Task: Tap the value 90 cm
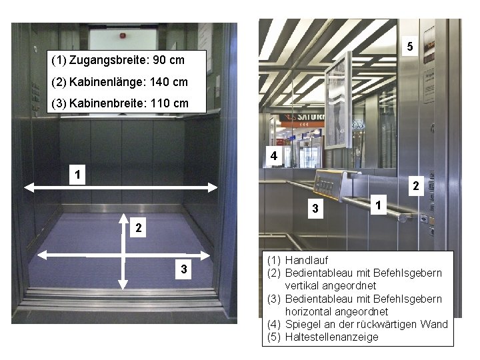168,61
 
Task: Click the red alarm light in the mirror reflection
140,31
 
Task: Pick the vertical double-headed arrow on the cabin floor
123,251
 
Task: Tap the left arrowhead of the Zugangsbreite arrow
28,188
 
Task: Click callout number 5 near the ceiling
410,47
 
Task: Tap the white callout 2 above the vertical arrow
137,227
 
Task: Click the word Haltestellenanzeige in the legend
331,337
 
